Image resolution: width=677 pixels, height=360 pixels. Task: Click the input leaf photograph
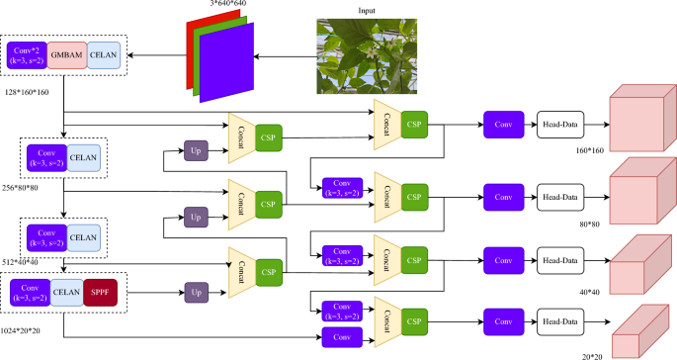[x=362, y=56]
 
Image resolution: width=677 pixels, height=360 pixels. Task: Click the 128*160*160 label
[x=26, y=92]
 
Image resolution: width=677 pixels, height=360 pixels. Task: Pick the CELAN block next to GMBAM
[x=104, y=55]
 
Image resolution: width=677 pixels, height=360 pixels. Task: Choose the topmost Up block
[x=195, y=150]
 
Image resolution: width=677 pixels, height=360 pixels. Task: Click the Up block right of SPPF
[x=195, y=293]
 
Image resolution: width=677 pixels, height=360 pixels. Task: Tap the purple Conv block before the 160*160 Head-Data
[x=504, y=127]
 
